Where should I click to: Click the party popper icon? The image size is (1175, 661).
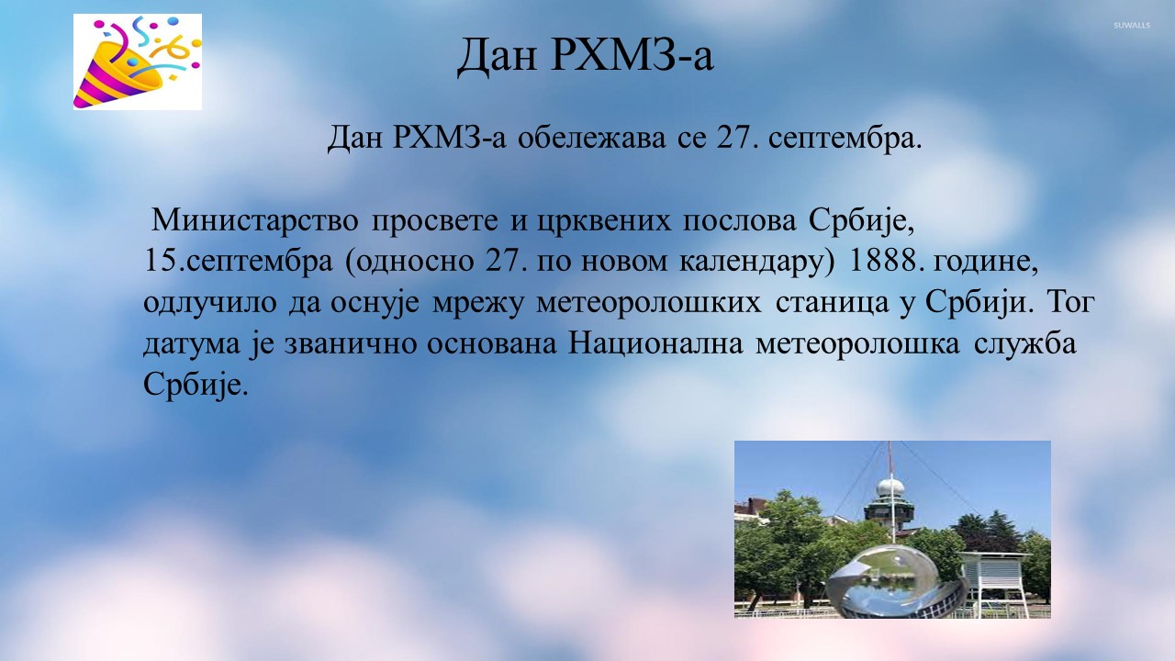(x=138, y=62)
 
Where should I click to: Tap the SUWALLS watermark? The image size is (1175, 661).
(x=1132, y=25)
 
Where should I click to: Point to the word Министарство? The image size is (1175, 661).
(x=255, y=219)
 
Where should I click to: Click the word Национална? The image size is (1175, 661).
(x=655, y=344)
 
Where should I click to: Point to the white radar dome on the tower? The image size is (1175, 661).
(x=890, y=487)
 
